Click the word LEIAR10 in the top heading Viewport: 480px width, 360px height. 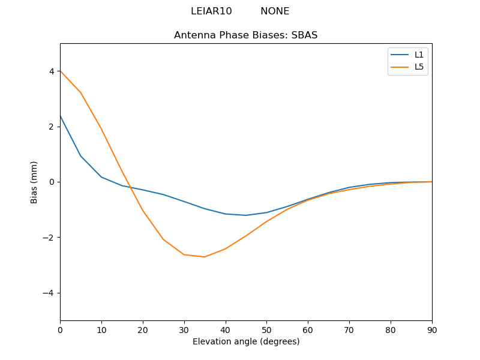211,11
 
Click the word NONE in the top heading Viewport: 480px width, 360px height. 275,11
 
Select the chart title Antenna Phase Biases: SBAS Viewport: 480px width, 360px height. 245,35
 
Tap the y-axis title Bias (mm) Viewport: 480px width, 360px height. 34,182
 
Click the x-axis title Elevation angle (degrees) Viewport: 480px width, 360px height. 245,342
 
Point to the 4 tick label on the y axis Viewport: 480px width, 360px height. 52,71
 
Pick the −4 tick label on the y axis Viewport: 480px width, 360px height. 49,293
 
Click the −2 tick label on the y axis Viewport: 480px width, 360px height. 49,238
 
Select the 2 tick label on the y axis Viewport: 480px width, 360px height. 52,127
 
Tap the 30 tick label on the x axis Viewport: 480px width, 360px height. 184,329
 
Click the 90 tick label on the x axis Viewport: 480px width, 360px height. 432,329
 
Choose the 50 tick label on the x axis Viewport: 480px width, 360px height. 266,329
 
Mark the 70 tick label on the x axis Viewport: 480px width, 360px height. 349,329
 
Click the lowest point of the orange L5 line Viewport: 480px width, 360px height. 205,257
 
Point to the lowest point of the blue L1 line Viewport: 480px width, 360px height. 246,215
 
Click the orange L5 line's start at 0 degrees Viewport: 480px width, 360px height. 60,71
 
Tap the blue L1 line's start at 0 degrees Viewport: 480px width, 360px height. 60,116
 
